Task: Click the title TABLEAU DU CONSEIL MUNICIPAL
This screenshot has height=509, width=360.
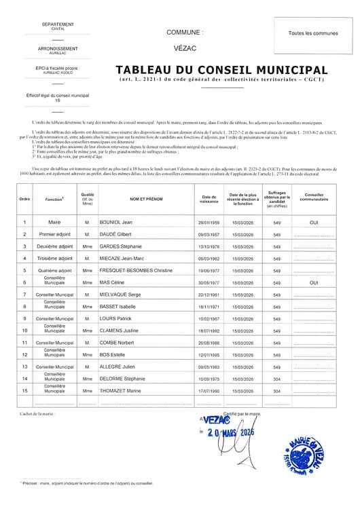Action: (x=221, y=70)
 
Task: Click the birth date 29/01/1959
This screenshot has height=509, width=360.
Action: (x=206, y=223)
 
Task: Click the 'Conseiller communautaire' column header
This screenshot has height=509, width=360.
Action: (x=314, y=200)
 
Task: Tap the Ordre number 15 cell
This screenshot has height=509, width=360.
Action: (x=24, y=390)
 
